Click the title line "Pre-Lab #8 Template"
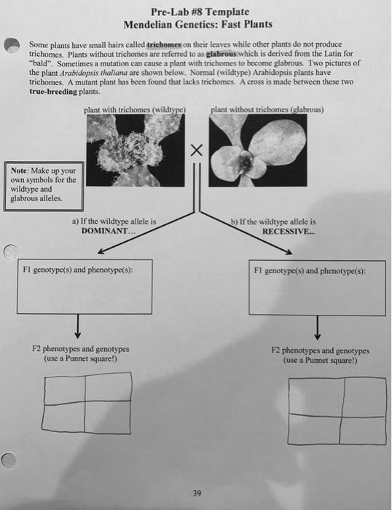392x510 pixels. click(x=200, y=12)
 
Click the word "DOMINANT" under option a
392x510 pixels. click(x=108, y=229)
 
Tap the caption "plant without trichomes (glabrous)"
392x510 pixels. click(x=267, y=110)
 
